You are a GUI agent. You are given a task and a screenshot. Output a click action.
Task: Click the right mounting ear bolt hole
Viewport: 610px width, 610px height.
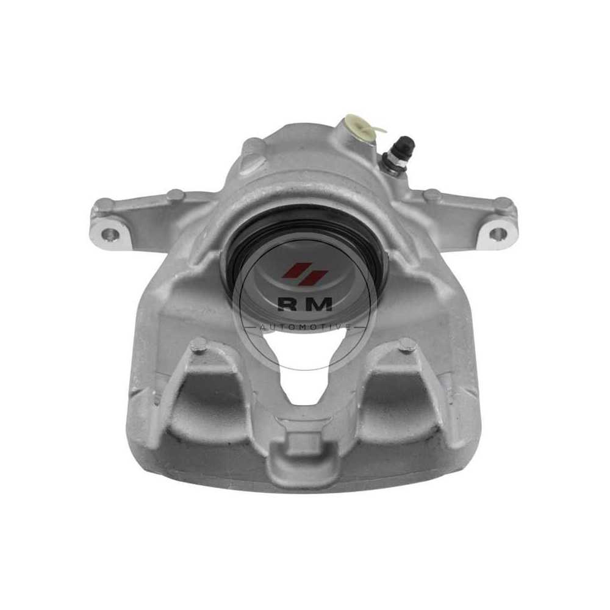[497, 234]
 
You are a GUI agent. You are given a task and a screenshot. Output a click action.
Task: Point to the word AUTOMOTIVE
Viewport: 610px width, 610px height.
[305, 328]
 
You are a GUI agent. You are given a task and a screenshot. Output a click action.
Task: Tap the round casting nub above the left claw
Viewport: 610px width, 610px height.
[199, 346]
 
